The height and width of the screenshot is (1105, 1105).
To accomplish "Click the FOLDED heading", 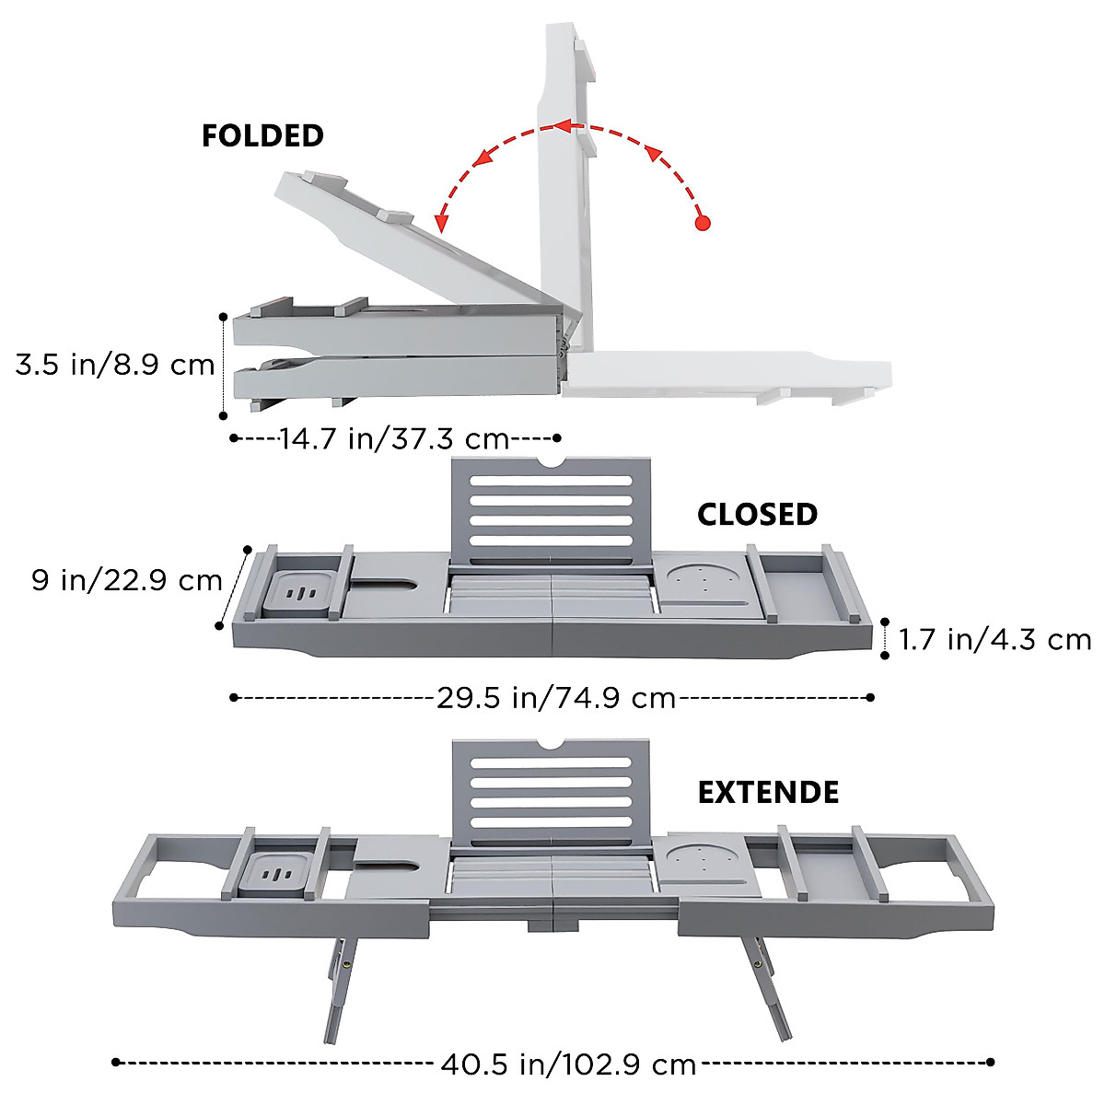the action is [x=262, y=136].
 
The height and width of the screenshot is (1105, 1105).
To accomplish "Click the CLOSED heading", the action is [x=757, y=515].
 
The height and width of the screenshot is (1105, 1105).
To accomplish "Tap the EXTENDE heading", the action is [x=768, y=793].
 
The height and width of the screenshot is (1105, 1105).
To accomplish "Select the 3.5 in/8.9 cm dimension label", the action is [x=115, y=365].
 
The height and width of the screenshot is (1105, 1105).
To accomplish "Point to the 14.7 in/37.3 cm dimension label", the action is [x=394, y=439].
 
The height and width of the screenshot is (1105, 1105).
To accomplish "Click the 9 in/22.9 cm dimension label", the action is [x=127, y=580].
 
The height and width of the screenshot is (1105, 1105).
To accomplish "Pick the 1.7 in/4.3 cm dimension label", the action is [x=994, y=640].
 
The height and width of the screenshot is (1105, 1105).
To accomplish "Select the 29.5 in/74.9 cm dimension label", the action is [x=556, y=698].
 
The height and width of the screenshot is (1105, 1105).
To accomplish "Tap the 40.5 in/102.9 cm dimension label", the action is [x=568, y=1064].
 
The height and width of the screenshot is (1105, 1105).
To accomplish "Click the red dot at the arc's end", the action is [x=703, y=223].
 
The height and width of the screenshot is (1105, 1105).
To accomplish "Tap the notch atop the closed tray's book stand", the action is [x=551, y=461].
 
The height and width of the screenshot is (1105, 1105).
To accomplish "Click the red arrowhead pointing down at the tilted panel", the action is [x=440, y=223].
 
